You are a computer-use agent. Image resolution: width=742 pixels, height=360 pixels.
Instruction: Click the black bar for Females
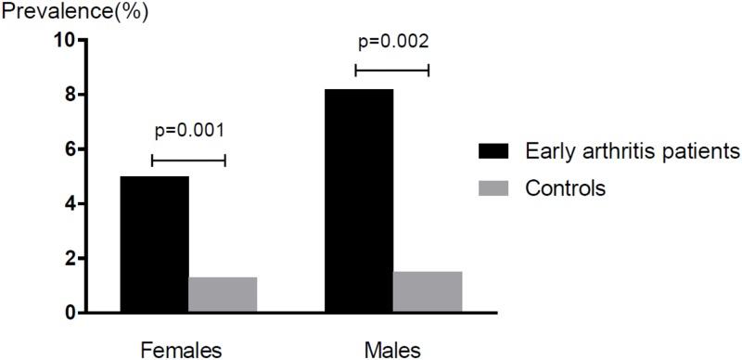pos(155,244)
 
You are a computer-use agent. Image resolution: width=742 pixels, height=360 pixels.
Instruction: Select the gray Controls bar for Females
pos(223,295)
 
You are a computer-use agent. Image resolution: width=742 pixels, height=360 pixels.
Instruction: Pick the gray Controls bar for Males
pos(428,292)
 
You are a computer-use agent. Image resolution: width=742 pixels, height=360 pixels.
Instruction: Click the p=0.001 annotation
pos(187,130)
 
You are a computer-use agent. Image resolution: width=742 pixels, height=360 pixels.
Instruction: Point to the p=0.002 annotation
pos(393,41)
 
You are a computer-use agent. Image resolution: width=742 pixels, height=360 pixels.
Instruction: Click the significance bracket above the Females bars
pos(188,161)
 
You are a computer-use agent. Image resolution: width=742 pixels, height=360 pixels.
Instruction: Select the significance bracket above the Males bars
pos(392,70)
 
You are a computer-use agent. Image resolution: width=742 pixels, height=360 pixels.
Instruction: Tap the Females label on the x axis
pos(181,350)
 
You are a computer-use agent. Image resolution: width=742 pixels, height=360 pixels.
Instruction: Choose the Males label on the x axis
pos(393,350)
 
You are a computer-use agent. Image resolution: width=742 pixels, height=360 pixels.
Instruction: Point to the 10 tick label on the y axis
pos(64,40)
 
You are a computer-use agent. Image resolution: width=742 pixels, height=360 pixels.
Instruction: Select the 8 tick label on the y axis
pos(70,95)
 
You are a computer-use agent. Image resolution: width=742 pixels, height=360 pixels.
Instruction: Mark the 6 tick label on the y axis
pos(70,149)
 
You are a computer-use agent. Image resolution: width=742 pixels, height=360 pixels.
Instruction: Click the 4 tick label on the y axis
pos(70,204)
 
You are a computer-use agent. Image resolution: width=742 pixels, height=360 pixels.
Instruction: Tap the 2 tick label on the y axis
pos(70,259)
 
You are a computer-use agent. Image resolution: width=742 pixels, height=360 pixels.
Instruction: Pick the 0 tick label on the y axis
pos(70,314)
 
